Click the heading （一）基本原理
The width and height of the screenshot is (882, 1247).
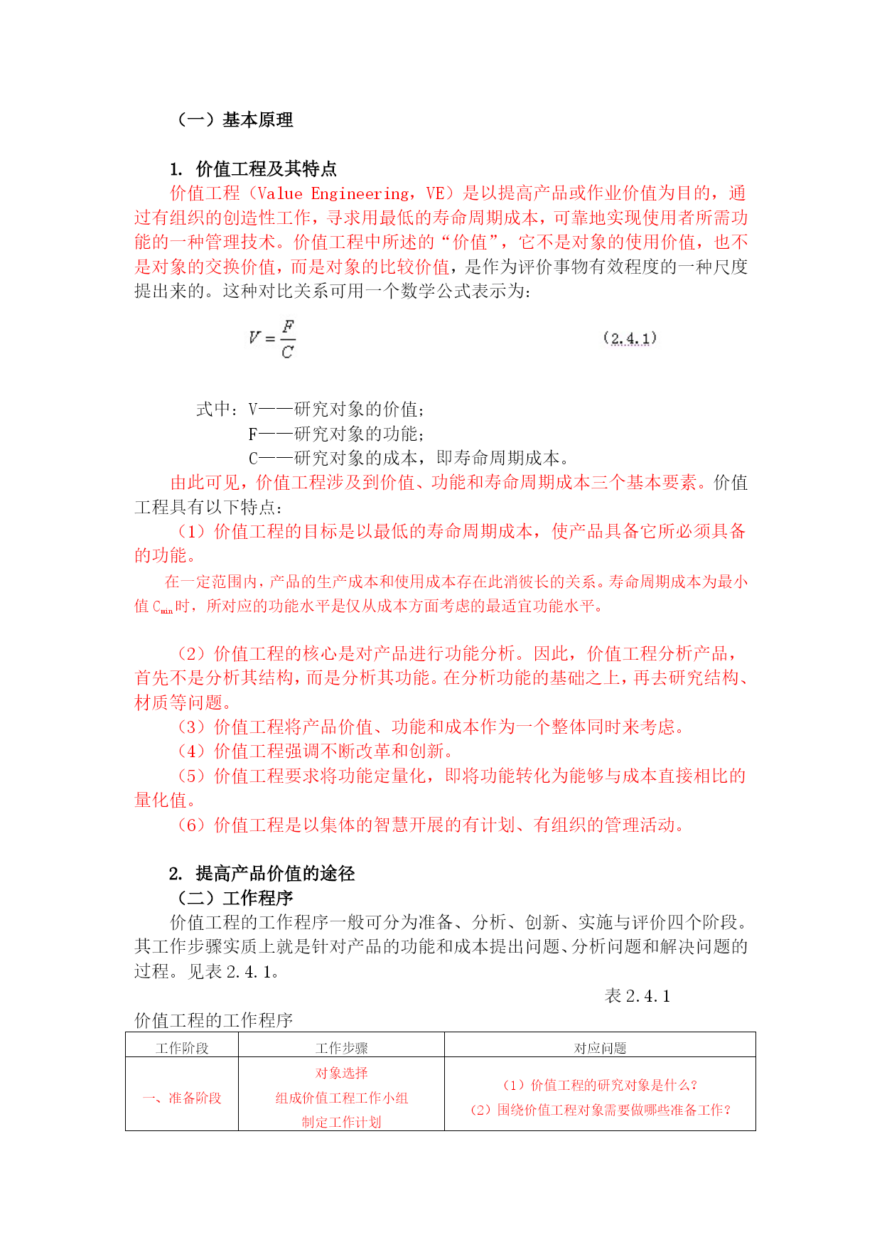point(234,120)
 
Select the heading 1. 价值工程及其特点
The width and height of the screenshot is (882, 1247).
point(253,169)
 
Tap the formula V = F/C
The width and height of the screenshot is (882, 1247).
point(272,339)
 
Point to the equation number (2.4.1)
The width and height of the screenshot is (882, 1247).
point(630,338)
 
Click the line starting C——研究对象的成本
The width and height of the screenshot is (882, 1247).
point(408,459)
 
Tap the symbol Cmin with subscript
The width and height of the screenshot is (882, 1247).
point(163,607)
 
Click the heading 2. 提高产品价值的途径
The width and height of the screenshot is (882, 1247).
point(262,874)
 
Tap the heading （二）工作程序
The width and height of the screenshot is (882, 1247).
point(234,899)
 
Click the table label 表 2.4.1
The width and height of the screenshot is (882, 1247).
point(638,997)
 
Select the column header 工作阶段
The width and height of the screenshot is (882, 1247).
point(182,1048)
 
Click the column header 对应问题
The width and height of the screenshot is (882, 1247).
point(600,1048)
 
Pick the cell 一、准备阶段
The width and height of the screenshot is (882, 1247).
point(182,1098)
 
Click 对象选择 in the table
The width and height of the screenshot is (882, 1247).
point(341,1074)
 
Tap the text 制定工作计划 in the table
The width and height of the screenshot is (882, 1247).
point(341,1123)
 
